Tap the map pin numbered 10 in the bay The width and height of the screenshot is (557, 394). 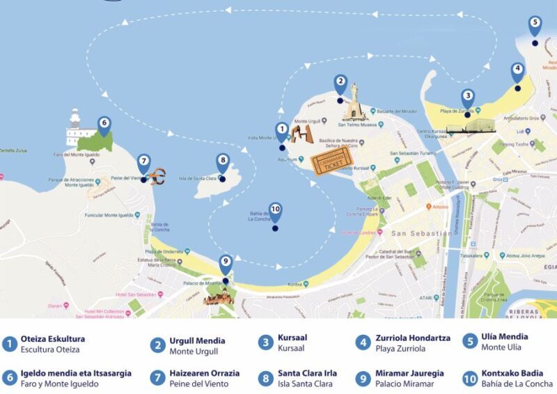pyautogui.click(x=275, y=212)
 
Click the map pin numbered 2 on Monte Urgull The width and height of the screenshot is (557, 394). pyautogui.click(x=340, y=84)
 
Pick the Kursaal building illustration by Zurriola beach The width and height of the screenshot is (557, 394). pyautogui.click(x=469, y=125)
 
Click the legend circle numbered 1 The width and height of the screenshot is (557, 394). pyautogui.click(x=10, y=343)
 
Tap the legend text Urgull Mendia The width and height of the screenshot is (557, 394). pyautogui.click(x=197, y=341)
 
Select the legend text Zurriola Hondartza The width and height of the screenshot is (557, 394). pyautogui.click(x=412, y=338)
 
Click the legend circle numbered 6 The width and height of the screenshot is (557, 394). pyautogui.click(x=10, y=378)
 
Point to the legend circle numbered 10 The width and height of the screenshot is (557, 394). pyautogui.click(x=471, y=378)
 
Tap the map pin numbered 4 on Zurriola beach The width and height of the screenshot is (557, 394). pyautogui.click(x=517, y=72)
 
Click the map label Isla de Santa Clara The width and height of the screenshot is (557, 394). pyautogui.click(x=198, y=178)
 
